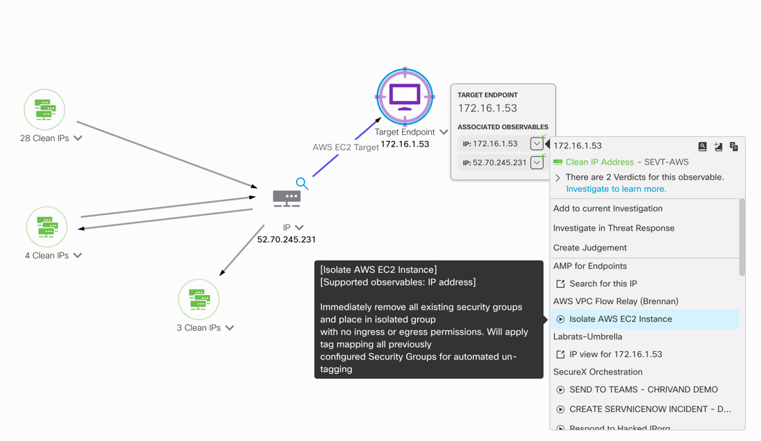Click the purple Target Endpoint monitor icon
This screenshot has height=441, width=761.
(405, 97)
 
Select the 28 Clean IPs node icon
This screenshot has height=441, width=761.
(45, 109)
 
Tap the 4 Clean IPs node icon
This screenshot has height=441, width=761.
(46, 227)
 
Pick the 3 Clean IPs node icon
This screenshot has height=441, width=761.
(199, 299)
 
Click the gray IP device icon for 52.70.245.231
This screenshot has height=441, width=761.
(286, 199)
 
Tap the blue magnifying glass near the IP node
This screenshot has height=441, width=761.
(302, 183)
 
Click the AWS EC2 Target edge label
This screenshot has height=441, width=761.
(345, 147)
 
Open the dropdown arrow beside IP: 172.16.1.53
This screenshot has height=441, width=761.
(537, 144)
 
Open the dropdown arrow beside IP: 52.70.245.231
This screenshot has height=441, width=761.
(537, 163)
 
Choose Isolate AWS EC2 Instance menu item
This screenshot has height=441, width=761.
(620, 319)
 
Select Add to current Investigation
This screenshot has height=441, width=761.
(607, 209)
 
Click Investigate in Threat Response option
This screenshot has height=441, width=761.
(614, 228)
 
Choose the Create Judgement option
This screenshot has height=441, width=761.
(589, 247)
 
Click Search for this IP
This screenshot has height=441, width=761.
(603, 283)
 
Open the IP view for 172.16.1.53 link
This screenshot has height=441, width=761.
(615, 355)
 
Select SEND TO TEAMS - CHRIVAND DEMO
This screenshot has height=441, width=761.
(643, 390)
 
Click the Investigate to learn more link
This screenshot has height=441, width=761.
(616, 189)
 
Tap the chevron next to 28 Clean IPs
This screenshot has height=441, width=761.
(78, 138)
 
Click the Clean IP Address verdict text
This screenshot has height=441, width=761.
(599, 162)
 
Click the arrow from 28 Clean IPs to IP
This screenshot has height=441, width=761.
(166, 154)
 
